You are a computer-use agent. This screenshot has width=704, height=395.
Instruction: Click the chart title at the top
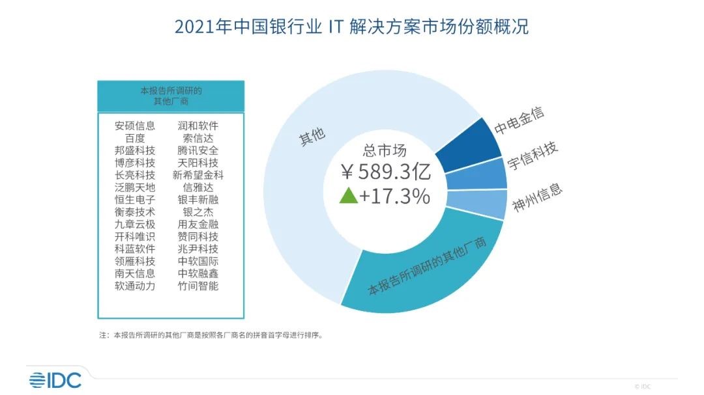351,28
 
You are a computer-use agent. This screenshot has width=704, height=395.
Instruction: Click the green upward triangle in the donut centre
349,195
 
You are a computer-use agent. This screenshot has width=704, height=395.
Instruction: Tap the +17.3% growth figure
396,195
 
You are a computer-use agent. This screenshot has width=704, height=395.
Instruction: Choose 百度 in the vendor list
135,138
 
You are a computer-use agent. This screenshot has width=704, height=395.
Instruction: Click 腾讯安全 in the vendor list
198,150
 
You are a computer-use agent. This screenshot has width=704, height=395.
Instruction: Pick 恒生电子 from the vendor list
135,199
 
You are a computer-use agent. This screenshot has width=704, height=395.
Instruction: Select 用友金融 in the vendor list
198,224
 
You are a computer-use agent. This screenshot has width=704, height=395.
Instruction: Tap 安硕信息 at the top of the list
135,126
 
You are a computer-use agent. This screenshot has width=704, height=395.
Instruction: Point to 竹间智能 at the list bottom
198,285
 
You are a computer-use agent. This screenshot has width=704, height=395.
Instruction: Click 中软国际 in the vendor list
198,260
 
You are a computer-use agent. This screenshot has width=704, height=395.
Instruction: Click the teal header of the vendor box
170,96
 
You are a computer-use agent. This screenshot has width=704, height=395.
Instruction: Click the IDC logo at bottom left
55,379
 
